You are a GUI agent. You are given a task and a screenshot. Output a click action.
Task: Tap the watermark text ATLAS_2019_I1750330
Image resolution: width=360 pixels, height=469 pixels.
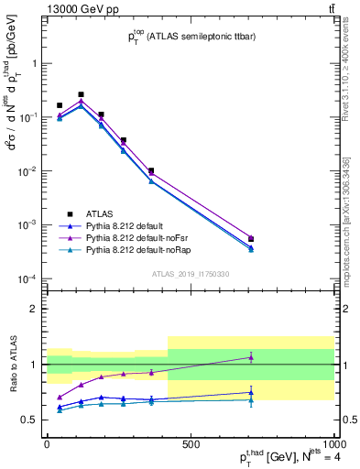point(190,274)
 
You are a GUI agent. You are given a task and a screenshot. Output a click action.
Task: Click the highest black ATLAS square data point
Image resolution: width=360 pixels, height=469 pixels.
point(82,94)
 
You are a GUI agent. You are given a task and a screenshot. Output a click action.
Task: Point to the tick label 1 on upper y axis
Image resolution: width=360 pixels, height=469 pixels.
point(36,63)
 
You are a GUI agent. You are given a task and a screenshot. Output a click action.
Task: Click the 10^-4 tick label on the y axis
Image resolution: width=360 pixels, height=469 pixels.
point(30,278)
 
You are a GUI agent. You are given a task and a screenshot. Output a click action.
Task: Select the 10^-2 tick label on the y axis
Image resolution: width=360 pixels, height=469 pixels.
point(30,171)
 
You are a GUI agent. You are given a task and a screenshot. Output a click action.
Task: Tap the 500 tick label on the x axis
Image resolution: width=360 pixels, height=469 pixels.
point(191,443)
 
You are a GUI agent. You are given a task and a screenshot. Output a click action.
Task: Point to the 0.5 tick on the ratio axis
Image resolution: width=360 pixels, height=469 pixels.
point(31,420)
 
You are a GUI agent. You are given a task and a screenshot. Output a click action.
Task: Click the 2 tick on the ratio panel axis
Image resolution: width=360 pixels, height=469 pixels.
point(36,309)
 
